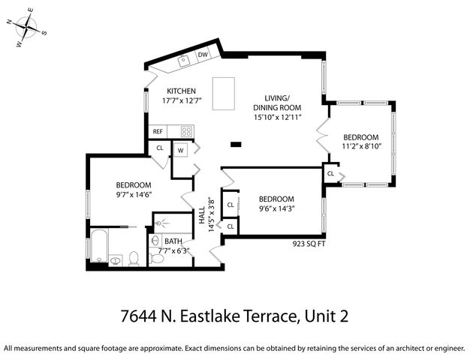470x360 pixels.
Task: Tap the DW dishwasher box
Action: pyautogui.click(x=203, y=55)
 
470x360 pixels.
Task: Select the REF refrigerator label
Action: pyautogui.click(x=158, y=131)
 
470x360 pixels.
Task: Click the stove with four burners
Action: pyautogui.click(x=185, y=131)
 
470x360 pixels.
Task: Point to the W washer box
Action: pyautogui.click(x=180, y=150)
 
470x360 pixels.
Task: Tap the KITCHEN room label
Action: pyautogui.click(x=181, y=91)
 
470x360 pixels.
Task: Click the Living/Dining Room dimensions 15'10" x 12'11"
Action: pyautogui.click(x=282, y=117)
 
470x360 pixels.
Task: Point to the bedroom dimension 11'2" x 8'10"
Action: pyautogui.click(x=361, y=147)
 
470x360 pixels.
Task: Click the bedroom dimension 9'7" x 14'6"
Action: pyautogui.click(x=134, y=194)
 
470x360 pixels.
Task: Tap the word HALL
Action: pyautogui.click(x=201, y=215)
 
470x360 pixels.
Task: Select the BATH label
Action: pyautogui.click(x=173, y=241)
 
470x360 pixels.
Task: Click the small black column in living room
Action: pyautogui.click(x=236, y=144)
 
